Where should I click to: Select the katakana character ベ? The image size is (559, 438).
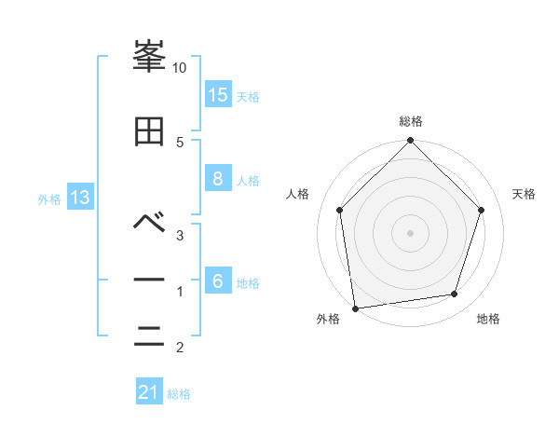click(x=150, y=222)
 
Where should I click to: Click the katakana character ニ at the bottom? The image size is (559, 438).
click(x=150, y=336)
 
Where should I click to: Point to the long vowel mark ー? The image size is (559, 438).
click(x=150, y=281)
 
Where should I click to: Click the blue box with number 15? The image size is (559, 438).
click(x=218, y=95)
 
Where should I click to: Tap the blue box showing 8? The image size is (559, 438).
click(x=218, y=179)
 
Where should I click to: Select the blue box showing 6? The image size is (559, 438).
click(x=218, y=281)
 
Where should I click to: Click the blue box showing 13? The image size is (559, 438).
click(x=79, y=198)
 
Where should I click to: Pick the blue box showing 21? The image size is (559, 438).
click(x=149, y=392)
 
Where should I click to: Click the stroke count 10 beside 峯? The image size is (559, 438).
click(x=180, y=68)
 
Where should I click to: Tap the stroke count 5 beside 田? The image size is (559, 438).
click(x=180, y=142)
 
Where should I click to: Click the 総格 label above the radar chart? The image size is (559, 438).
click(x=411, y=121)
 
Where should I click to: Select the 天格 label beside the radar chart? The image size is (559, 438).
click(x=525, y=194)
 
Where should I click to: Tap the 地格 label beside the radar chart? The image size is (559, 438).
click(x=488, y=320)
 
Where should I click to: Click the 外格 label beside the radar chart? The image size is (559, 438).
click(x=328, y=320)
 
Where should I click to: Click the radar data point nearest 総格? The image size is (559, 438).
click(x=411, y=142)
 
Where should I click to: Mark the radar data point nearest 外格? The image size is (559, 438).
click(x=355, y=308)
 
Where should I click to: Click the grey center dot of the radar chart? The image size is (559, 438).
click(x=411, y=232)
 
